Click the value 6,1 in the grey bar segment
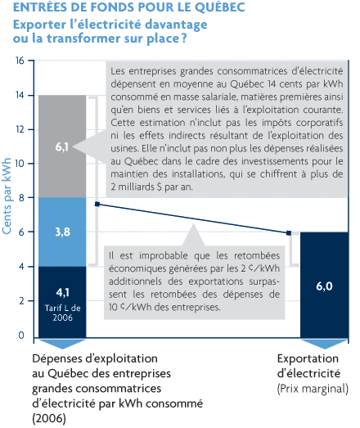coord(61,147)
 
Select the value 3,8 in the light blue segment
coord(62,232)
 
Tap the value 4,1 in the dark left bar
coord(62,292)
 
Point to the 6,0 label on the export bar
coord(324,286)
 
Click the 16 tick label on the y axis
coord(20,61)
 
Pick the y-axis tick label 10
coord(20,164)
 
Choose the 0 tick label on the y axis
coord(21,336)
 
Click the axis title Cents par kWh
coord(7,196)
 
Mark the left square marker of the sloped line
coord(97,204)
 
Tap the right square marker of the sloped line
coord(289,233)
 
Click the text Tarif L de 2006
coord(62,313)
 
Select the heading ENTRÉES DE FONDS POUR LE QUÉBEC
coord(128,7)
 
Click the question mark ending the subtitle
coord(184,38)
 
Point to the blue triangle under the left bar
coord(62,344)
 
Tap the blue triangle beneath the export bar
coord(324,344)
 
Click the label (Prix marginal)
coord(313,389)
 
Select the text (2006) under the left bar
coord(49,419)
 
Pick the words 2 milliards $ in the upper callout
coord(136,187)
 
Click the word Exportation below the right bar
coord(308,358)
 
